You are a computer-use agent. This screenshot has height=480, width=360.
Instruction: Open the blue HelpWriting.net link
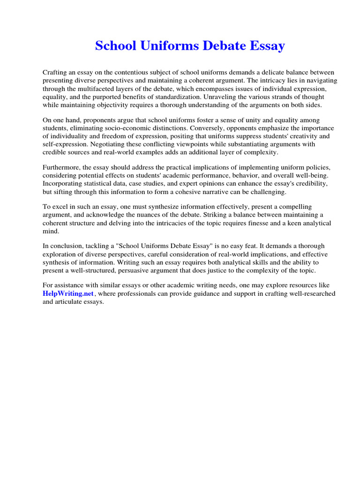coord(69,294)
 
